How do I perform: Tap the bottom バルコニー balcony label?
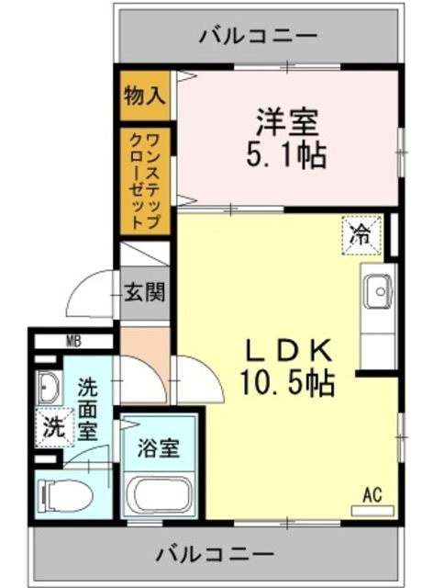pos(214,555)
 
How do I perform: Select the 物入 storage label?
pos(145,95)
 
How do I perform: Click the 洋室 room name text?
pos(285,122)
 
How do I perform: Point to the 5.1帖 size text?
pos(285,155)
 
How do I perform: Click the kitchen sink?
pos(377,291)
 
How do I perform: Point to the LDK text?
pos(285,350)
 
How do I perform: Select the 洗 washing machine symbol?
pos(54,427)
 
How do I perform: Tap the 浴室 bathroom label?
pos(159,449)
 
